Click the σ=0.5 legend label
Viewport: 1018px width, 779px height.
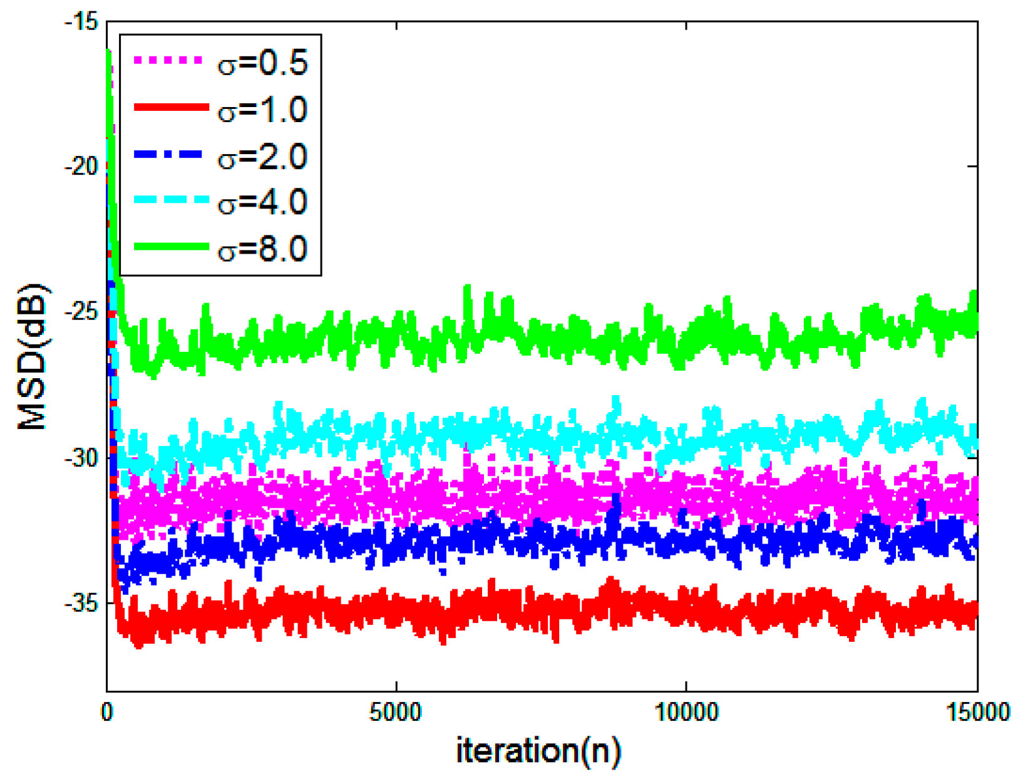tap(262, 63)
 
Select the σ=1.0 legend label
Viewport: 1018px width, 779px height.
tap(262, 110)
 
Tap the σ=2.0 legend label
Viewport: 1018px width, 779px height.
tap(262, 157)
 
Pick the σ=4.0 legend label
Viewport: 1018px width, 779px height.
tap(262, 202)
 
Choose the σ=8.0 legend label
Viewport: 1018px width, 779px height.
tap(262, 249)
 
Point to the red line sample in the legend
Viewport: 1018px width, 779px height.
tap(171, 108)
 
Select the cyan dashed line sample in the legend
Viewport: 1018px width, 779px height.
tap(171, 200)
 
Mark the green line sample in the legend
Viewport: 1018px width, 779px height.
tap(171, 247)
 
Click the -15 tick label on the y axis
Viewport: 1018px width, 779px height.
tap(81, 23)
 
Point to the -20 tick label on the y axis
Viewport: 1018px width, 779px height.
tap(81, 167)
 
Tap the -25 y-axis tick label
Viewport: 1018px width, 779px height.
tap(81, 312)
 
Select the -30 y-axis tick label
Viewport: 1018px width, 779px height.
tap(81, 458)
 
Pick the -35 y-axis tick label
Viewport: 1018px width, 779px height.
tap(81, 603)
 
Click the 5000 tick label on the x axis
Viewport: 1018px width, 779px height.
tap(396, 713)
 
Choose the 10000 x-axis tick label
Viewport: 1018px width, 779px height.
tap(687, 713)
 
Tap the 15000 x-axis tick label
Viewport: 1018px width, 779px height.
tap(977, 713)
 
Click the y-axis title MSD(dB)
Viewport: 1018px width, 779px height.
tap(33, 357)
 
